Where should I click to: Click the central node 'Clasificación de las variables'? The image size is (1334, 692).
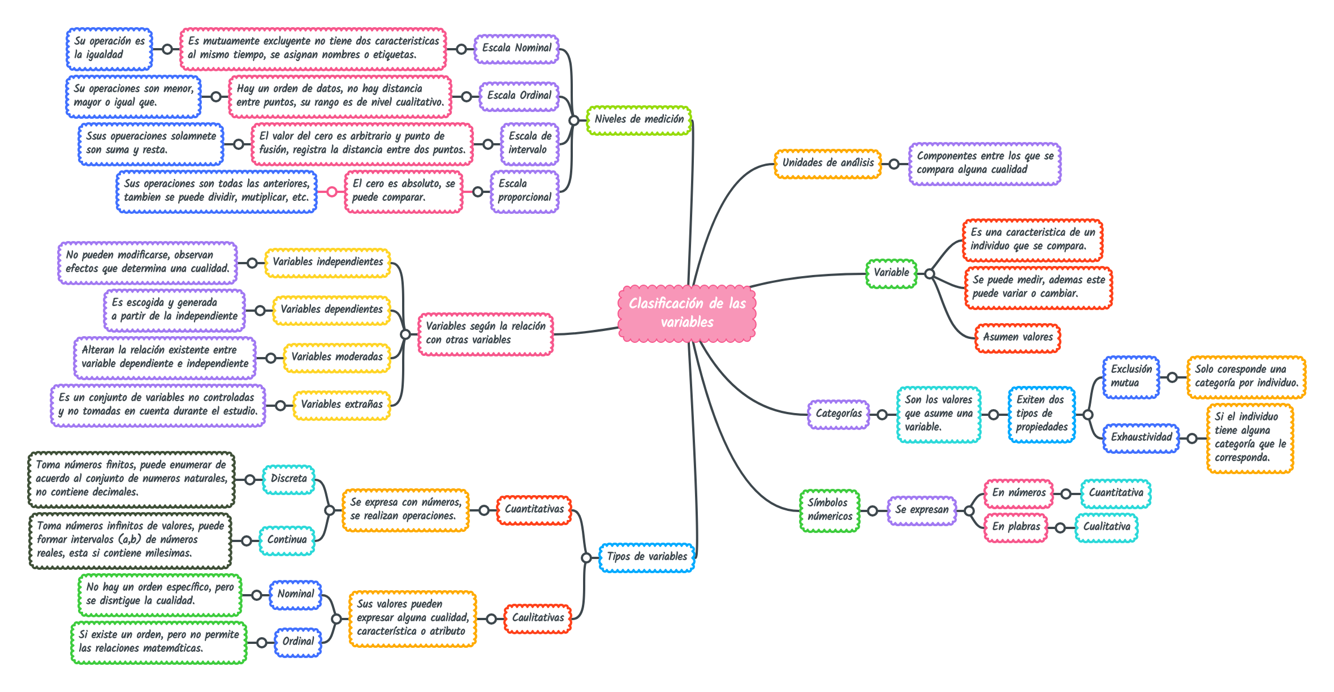[687, 313]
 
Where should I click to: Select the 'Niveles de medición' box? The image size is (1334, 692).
[639, 119]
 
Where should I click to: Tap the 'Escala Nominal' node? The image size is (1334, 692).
[516, 49]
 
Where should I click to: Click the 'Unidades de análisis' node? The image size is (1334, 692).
[828, 164]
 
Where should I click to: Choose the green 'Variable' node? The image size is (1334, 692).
[891, 273]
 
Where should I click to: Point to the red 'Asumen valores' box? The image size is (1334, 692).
[1017, 338]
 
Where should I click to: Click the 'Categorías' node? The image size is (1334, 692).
[839, 414]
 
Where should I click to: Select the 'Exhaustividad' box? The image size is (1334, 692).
[1141, 438]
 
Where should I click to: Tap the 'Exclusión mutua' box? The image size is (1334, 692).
[1131, 377]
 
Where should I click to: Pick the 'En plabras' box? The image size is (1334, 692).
[1016, 527]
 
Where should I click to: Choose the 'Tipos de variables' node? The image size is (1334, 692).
[647, 557]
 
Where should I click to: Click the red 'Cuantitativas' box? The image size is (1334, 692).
[534, 510]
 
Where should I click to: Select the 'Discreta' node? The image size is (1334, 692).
[288, 479]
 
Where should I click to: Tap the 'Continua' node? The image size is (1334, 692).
[287, 540]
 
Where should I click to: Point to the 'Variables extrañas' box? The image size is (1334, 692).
[342, 405]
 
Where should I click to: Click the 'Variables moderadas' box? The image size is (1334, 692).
[337, 358]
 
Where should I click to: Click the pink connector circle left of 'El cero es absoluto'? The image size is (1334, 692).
[332, 192]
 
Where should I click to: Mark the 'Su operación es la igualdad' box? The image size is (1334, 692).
[109, 49]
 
